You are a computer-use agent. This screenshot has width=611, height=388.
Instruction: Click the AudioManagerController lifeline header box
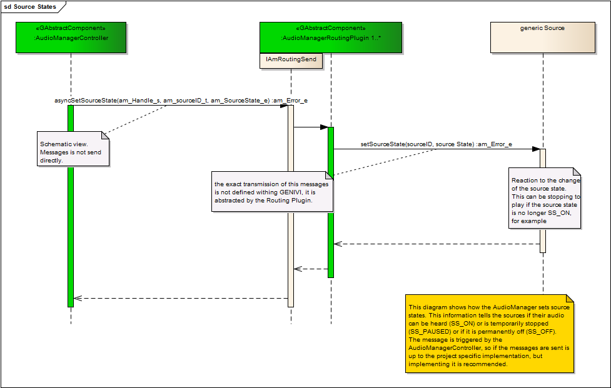pyautogui.click(x=71, y=37)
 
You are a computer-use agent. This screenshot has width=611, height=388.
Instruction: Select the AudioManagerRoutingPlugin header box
pyautogui.click(x=330, y=37)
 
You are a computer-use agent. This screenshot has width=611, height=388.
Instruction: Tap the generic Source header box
pyautogui.click(x=542, y=37)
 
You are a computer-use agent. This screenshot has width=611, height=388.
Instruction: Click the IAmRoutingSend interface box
pyautogui.click(x=291, y=59)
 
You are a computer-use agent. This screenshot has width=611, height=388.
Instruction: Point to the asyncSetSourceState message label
pyautogui.click(x=181, y=100)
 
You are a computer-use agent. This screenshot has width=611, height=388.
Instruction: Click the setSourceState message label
pyautogui.click(x=436, y=144)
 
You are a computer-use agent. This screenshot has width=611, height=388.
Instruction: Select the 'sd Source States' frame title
pyautogui.click(x=31, y=7)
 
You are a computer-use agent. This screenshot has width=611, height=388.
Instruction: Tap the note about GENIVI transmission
pyautogui.click(x=271, y=192)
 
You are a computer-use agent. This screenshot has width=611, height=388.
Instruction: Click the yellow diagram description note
pyautogui.click(x=489, y=334)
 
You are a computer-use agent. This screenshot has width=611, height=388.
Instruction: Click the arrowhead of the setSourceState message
pyautogui.click(x=536, y=149)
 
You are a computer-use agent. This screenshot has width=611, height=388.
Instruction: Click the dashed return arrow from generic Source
pyautogui.click(x=438, y=244)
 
